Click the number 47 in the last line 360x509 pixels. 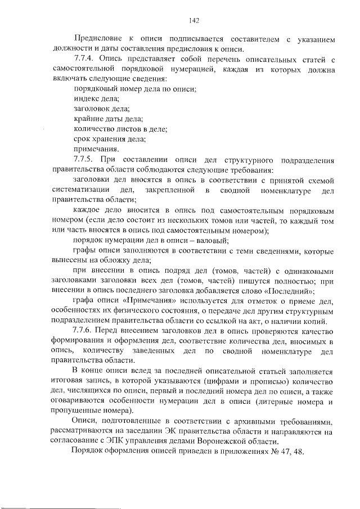(x=284, y=453)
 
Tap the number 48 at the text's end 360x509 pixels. (x=298, y=453)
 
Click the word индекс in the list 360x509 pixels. (x=86, y=98)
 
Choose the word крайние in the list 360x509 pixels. (x=88, y=118)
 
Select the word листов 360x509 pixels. (x=131, y=129)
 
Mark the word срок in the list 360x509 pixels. (x=83, y=138)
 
